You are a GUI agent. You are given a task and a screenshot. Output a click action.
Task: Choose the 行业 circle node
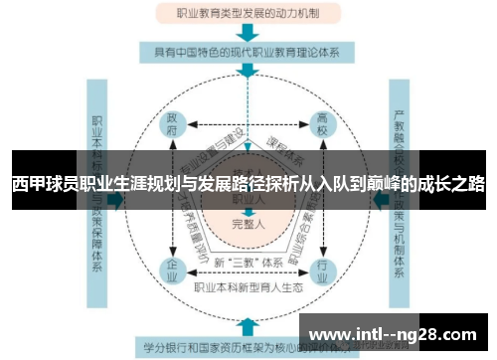click(x=321, y=270)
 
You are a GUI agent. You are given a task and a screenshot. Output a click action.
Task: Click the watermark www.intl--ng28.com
click(x=398, y=333)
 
